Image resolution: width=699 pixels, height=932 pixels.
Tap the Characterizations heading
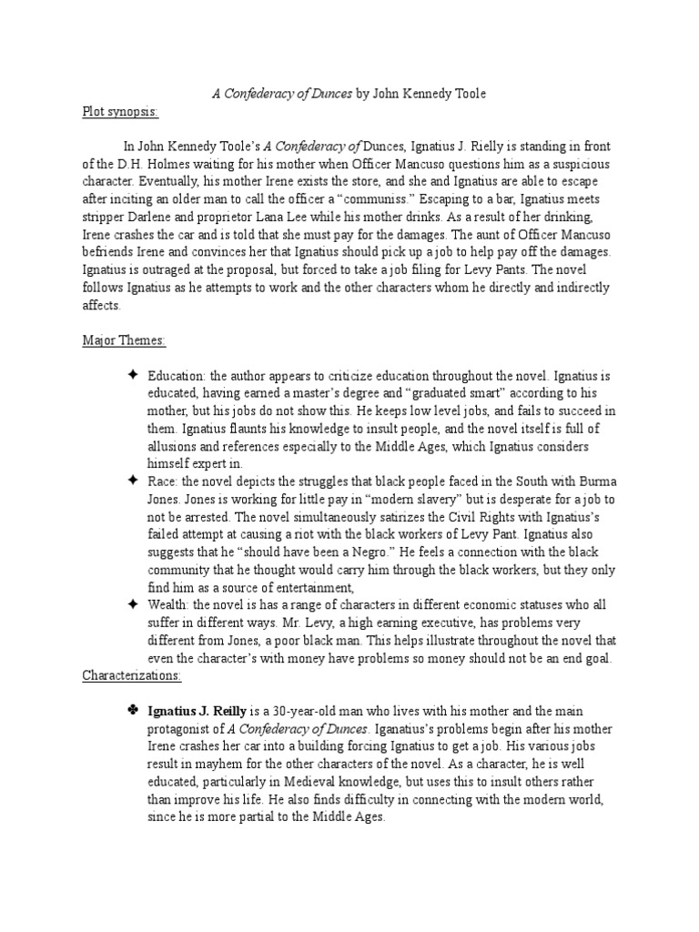[x=132, y=676]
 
